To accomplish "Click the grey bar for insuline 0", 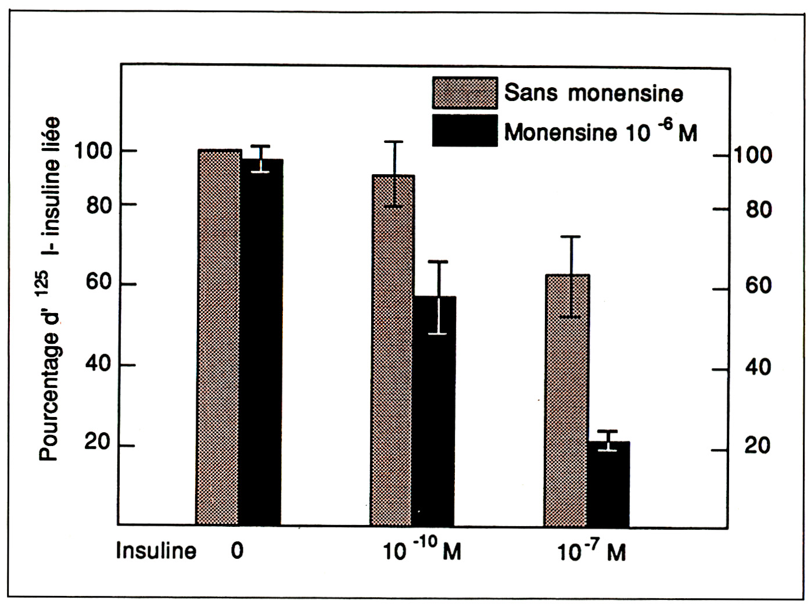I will [219, 337].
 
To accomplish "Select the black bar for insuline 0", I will [261, 343].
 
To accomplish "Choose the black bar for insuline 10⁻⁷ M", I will [608, 484].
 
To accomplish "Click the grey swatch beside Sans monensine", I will [465, 93].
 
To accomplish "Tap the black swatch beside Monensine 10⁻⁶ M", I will [465, 131].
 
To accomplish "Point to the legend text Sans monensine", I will [593, 93].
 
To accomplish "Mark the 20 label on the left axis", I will [98, 443].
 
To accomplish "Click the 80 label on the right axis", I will [759, 210].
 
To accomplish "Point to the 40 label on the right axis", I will [758, 367].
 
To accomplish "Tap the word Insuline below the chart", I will [156, 551].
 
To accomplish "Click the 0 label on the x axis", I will [236, 550].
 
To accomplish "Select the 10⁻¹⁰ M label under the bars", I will [422, 551].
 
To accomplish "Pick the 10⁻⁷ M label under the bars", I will [591, 552].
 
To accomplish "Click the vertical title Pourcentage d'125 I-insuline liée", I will [51, 290].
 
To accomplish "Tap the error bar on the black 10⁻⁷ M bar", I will [608, 440].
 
